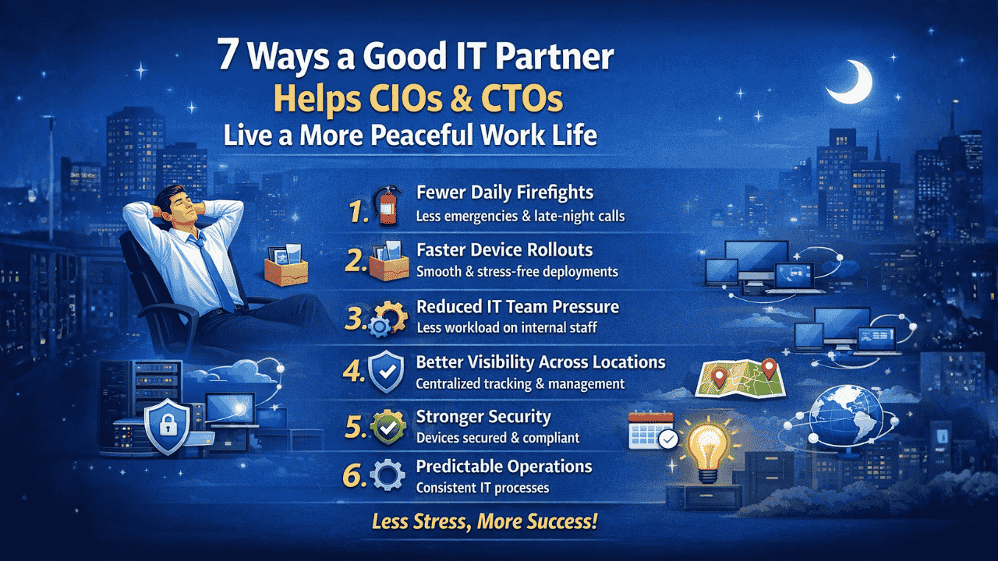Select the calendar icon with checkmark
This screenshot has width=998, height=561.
(x=651, y=431)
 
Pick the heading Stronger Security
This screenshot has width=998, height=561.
(x=483, y=417)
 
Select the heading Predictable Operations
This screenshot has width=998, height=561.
(x=504, y=467)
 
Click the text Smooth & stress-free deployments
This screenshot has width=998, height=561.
(x=517, y=272)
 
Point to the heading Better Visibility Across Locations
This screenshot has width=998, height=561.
(x=540, y=362)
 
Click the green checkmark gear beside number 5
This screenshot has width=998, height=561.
(x=388, y=426)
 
